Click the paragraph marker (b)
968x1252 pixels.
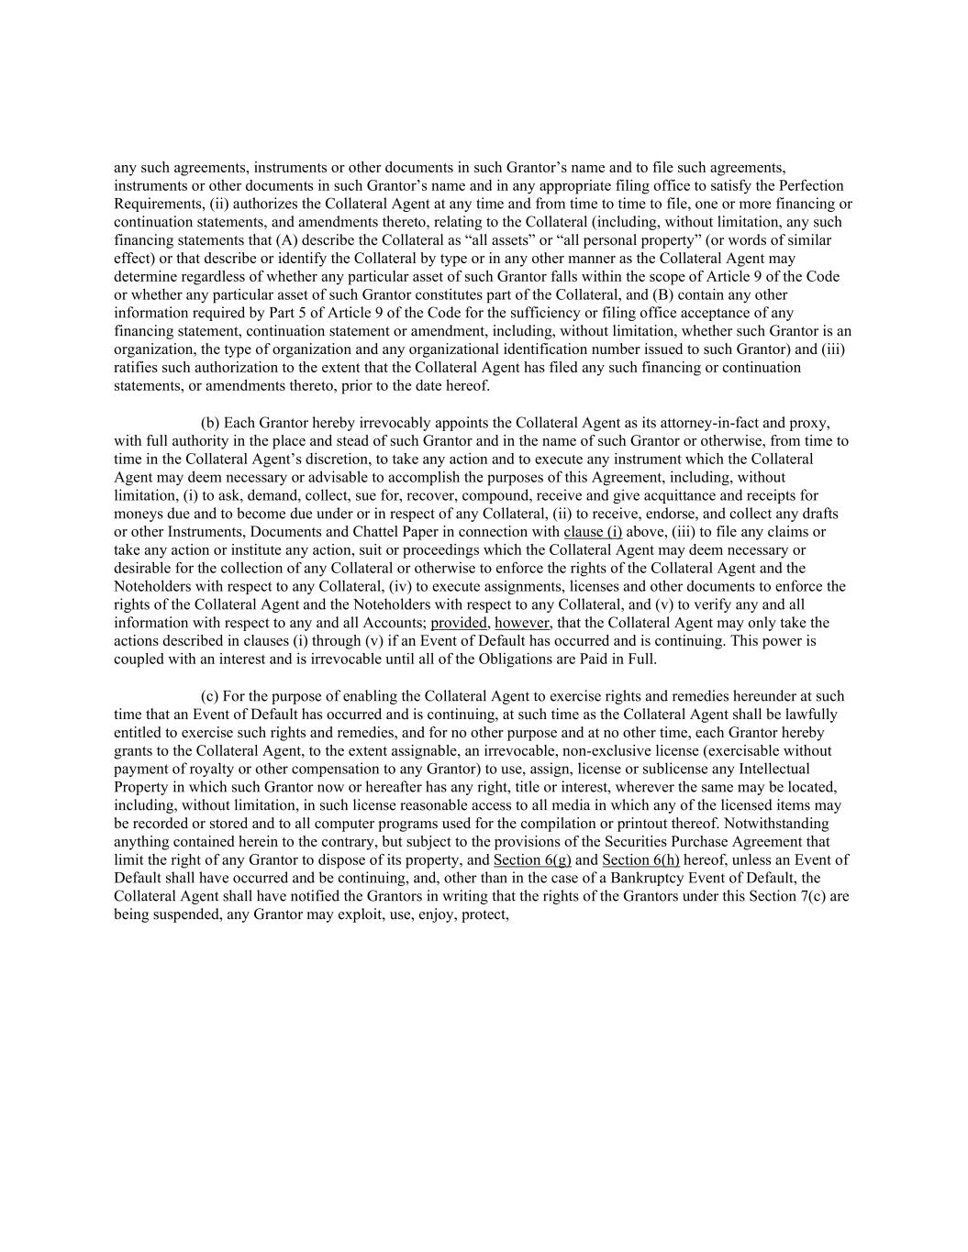tap(210, 423)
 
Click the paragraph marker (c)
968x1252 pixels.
tap(210, 696)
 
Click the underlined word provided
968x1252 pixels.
tap(459, 623)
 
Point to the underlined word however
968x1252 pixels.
tap(522, 623)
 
